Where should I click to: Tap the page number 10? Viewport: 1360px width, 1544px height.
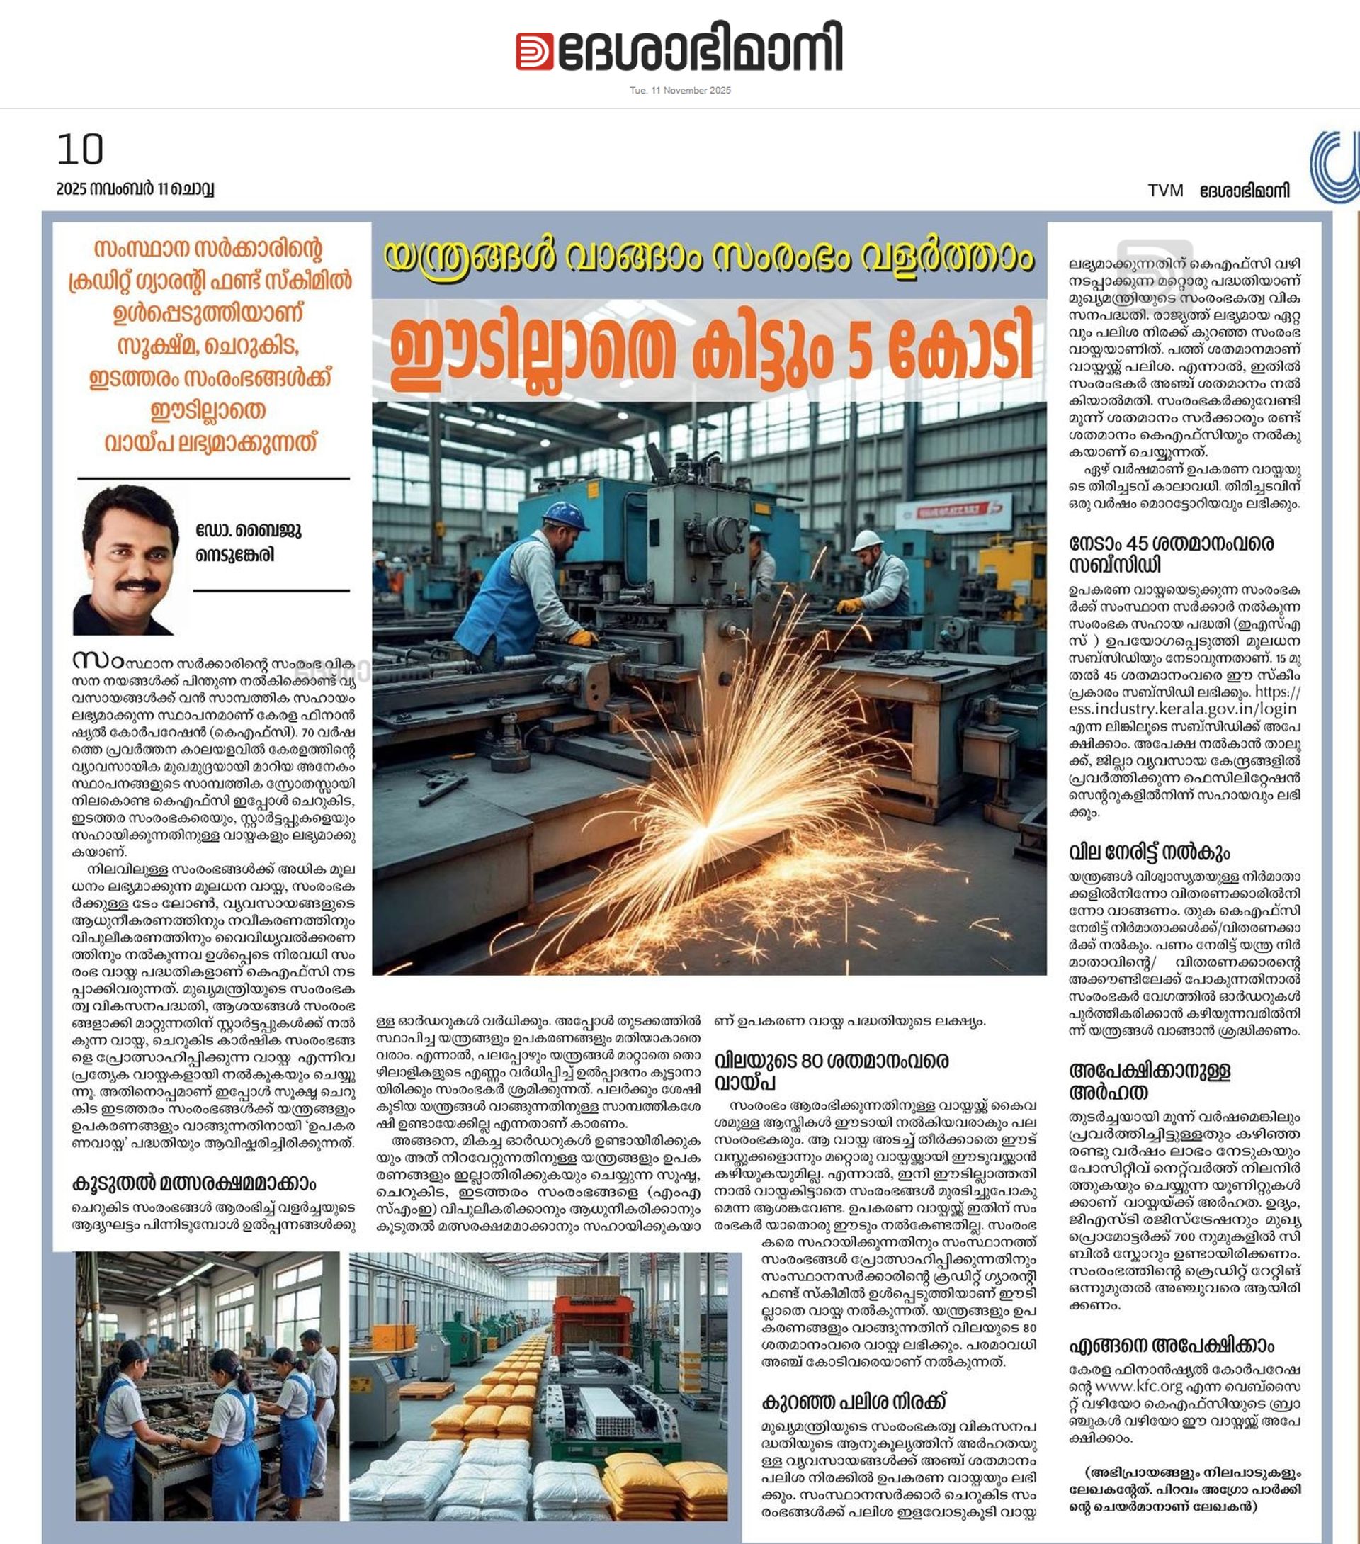[80, 149]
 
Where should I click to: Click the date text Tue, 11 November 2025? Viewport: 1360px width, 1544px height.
[679, 91]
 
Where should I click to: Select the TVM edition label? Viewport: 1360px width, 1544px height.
[1165, 191]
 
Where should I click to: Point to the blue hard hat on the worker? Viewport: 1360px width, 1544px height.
[565, 516]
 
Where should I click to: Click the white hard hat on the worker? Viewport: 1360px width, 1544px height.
[866, 540]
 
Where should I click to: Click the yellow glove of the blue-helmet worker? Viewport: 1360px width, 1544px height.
[582, 638]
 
